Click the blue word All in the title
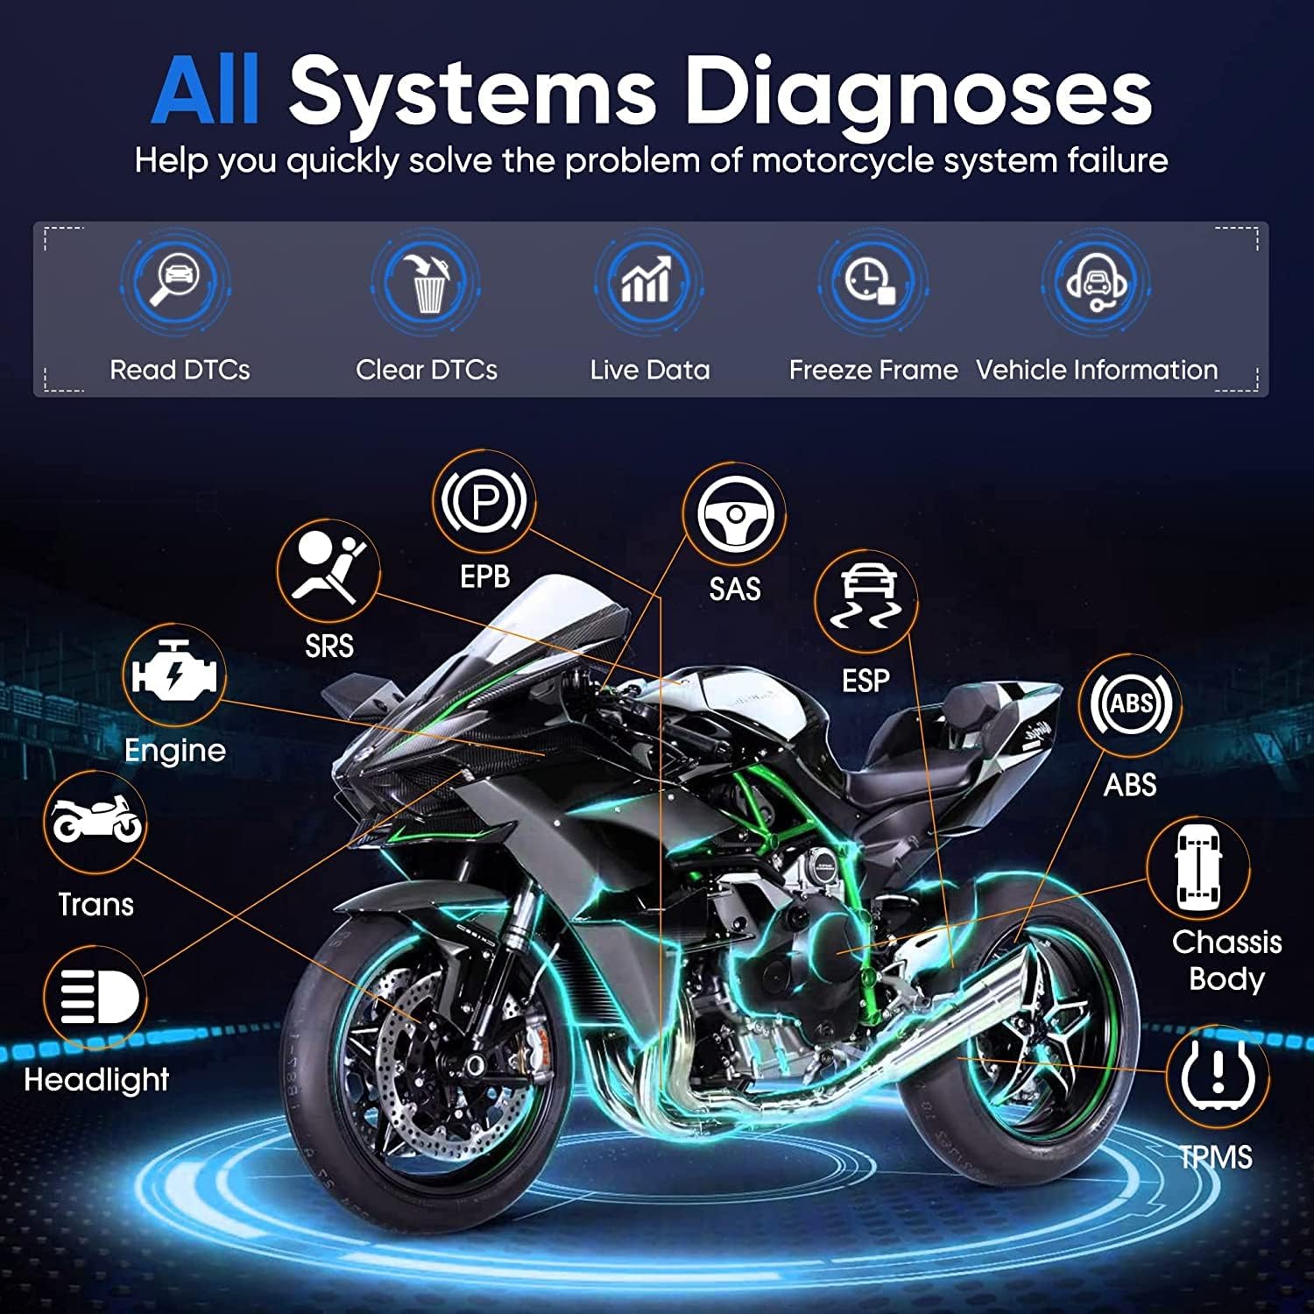point(206,91)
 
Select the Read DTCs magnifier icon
point(175,279)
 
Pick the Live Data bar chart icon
point(647,280)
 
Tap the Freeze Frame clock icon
point(871,281)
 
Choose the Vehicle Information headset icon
point(1095,281)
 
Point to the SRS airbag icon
point(328,570)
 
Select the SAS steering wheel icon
point(734,514)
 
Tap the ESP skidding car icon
point(865,600)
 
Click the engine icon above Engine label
point(173,675)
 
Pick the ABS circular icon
point(1130,704)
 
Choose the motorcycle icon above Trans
point(95,821)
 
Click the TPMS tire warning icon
point(1217,1076)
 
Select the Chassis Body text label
point(1226,960)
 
